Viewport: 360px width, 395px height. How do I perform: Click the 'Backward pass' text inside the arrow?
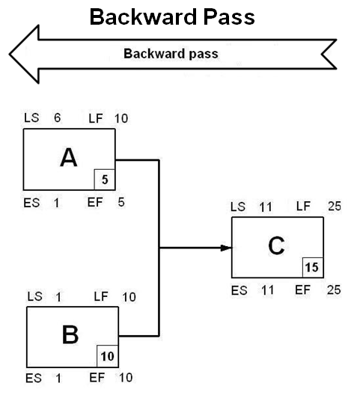pyautogui.click(x=171, y=54)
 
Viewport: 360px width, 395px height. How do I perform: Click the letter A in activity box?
pyautogui.click(x=68, y=158)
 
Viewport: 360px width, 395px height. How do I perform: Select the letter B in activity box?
pyautogui.click(x=70, y=334)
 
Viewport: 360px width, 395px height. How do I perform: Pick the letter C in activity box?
pyautogui.click(x=276, y=245)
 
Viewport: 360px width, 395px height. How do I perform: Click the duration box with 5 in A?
pyautogui.click(x=105, y=180)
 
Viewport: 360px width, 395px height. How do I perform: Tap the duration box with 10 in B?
pyautogui.click(x=107, y=356)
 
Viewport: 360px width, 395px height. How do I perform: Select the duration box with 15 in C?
pyautogui.click(x=312, y=267)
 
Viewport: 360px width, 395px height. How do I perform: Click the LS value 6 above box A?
pyautogui.click(x=57, y=117)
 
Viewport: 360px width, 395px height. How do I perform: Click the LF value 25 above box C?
pyautogui.click(x=334, y=206)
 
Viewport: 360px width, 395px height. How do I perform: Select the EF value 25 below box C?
pyautogui.click(x=334, y=288)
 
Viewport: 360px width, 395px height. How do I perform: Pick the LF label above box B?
pyautogui.click(x=100, y=297)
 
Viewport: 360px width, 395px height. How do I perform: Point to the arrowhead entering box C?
pyautogui.click(x=226, y=248)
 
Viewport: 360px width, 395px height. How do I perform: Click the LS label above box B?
pyautogui.click(x=34, y=297)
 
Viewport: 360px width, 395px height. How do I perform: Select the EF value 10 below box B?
pyautogui.click(x=128, y=378)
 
